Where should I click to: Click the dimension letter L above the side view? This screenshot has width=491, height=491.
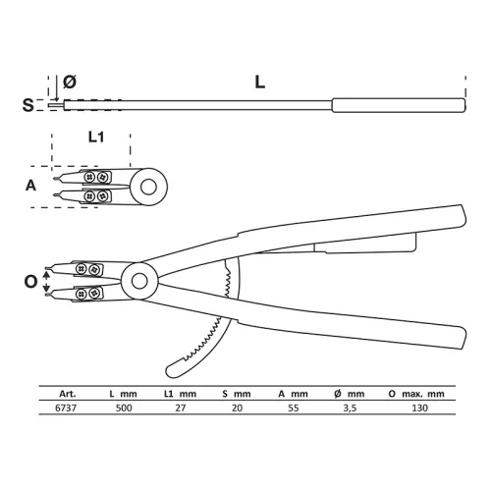coord(260,82)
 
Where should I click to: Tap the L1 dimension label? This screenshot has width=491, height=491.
coord(96,137)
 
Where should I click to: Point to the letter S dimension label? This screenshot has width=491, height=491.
coord(27,105)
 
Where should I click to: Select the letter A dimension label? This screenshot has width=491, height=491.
coord(30,186)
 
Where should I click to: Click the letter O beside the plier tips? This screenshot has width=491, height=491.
coord(31,282)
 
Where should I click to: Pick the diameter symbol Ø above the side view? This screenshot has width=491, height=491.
coord(70,82)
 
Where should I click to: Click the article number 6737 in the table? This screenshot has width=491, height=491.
coord(66,408)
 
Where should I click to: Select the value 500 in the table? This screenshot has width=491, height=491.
coord(124,408)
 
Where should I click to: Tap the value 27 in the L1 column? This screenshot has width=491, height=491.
coord(181,408)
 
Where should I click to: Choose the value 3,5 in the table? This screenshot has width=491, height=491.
coord(350,409)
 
